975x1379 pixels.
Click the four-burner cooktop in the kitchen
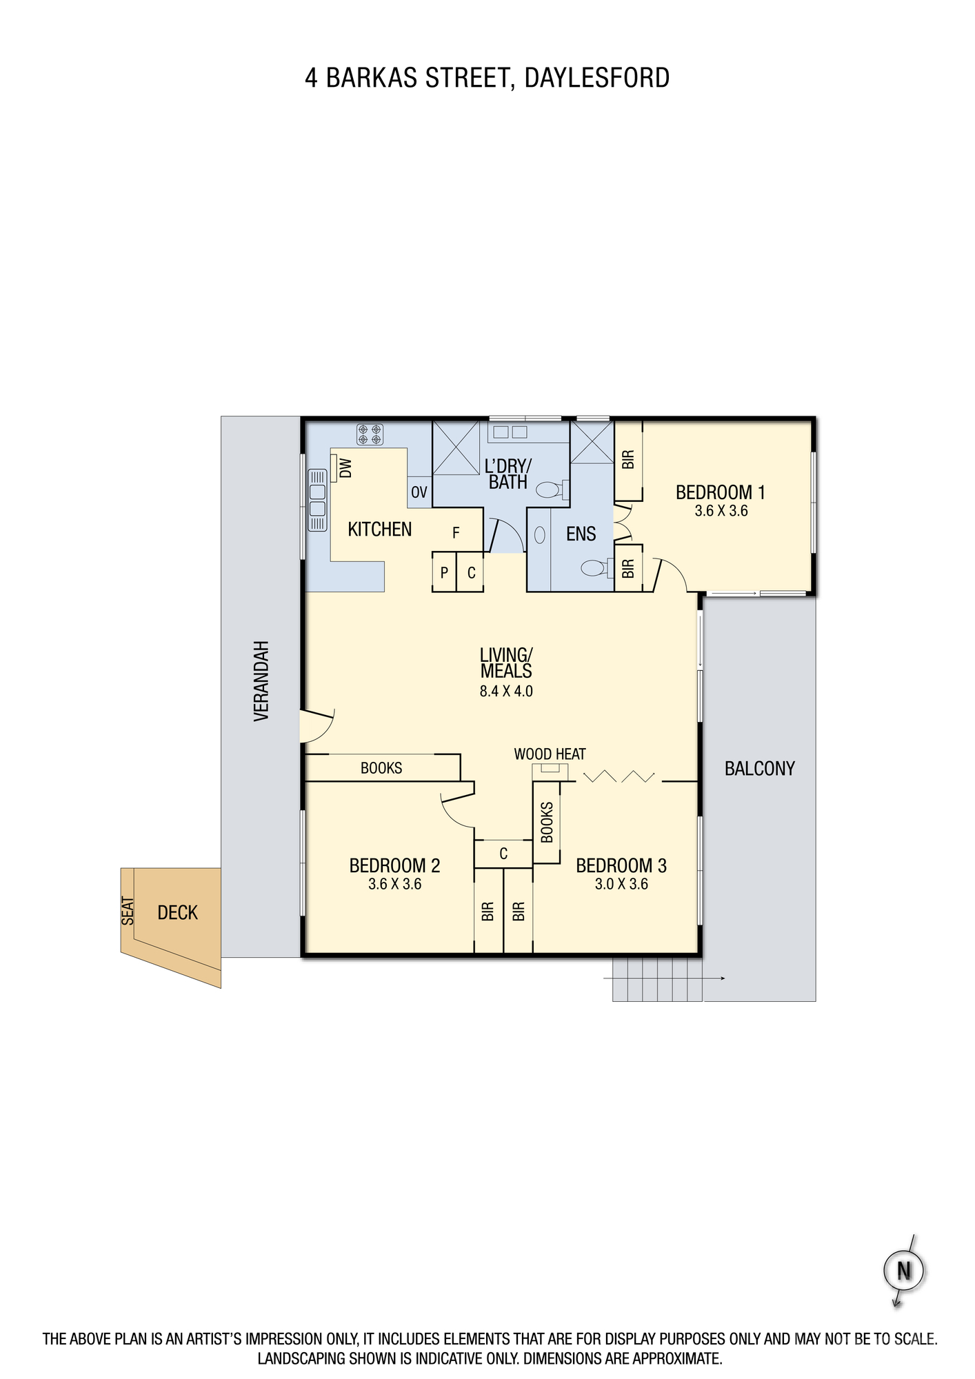370,434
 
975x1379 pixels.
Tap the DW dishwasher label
346,468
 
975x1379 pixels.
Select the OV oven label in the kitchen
419,492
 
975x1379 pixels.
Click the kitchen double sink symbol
317,500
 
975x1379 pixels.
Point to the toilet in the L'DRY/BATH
552,490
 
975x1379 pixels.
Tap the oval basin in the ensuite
540,535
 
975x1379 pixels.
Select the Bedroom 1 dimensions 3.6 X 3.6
721,511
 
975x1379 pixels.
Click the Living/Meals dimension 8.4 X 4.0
506,691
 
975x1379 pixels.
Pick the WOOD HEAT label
550,754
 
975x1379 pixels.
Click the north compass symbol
904,1270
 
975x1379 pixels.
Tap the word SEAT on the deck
128,911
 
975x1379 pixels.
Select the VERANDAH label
261,681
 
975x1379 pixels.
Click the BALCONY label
759,769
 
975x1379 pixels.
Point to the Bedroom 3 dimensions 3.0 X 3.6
621,884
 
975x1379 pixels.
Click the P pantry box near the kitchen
444,572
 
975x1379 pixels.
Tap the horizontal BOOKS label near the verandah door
381,768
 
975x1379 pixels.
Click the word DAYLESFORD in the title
597,78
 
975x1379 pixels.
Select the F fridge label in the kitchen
456,533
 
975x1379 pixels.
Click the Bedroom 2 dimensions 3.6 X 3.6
394,884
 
